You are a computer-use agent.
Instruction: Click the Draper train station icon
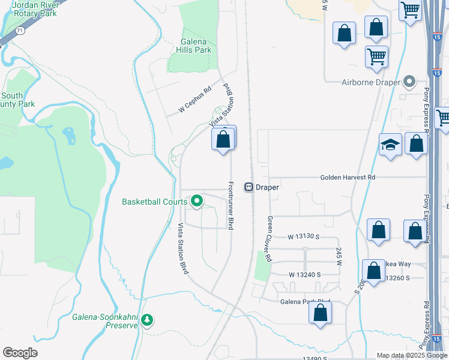coord(247,187)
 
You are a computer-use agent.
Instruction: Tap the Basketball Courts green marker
coord(197,202)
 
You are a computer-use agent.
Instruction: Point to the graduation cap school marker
coord(390,145)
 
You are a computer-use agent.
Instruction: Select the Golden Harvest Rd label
coord(348,178)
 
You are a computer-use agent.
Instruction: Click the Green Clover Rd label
coord(270,238)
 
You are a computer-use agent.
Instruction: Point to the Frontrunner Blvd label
coord(231,205)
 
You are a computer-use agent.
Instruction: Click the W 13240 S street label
coord(304,274)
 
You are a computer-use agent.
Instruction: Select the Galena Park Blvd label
coord(304,301)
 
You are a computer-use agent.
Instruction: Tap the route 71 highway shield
coord(20,29)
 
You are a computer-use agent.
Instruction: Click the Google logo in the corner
coord(20,353)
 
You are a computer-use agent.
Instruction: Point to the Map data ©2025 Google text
coord(411,355)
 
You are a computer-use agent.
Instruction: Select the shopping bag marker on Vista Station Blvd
coord(223,139)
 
